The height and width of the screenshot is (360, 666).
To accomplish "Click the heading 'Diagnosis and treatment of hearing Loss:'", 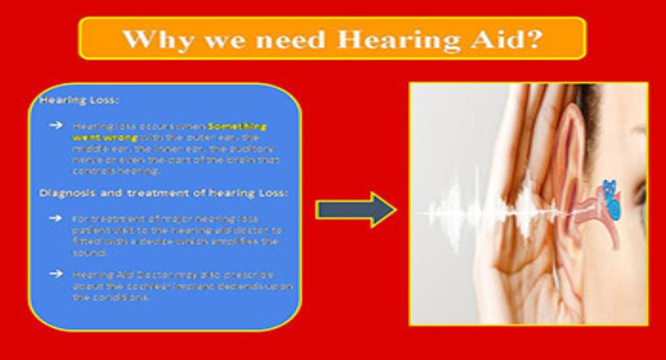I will [163, 193].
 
